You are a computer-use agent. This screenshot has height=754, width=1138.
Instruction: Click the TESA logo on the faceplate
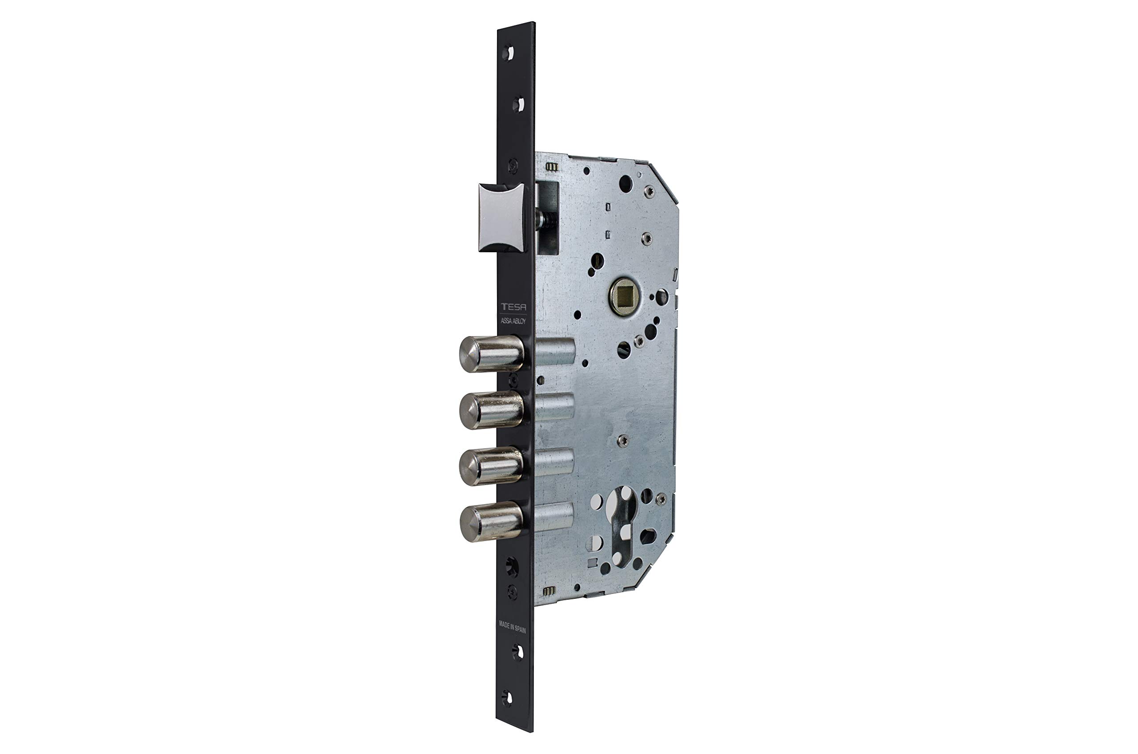pos(513,307)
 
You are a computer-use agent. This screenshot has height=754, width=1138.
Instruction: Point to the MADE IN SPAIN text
pos(512,626)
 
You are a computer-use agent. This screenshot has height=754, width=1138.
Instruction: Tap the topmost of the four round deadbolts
pos(491,354)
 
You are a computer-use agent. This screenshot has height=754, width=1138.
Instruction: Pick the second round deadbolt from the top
pos(491,410)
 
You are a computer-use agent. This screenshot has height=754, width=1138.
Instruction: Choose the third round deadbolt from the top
pos(491,465)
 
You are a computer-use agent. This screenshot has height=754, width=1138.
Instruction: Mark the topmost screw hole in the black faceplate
pos(508,52)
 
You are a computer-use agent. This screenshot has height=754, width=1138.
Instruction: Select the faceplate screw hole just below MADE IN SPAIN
pos(517,652)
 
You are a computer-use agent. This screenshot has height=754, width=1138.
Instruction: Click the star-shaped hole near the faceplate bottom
pos(511,567)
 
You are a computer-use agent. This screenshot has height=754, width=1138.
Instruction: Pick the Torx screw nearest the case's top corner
pos(649,192)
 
